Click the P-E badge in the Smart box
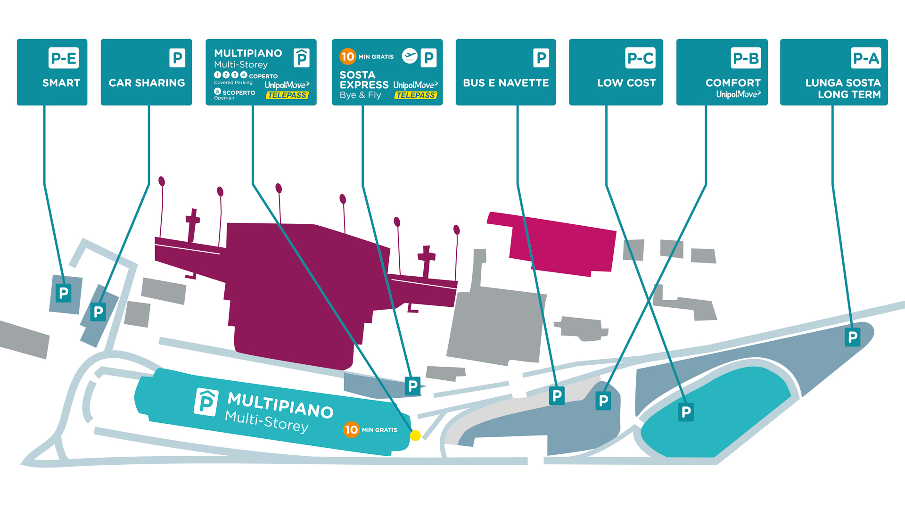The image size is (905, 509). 63,58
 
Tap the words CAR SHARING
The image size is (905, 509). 147,83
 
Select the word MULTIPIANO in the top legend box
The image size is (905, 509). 248,53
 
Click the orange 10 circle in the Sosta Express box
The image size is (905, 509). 347,57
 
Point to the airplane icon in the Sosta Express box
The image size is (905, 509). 410,56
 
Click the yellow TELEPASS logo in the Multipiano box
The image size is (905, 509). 287,95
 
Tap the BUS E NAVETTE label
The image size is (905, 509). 506,83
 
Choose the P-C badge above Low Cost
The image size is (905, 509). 640,58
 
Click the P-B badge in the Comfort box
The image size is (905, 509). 746,58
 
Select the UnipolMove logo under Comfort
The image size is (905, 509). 738,94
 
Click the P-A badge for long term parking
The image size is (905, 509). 866,58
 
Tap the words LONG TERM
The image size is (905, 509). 849,95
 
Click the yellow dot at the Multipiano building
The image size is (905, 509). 415,435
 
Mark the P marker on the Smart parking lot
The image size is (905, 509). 63,293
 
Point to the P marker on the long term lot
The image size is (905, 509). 852,337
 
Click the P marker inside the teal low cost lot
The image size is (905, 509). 686,412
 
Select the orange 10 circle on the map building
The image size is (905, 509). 351,429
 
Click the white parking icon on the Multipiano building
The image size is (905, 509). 206,402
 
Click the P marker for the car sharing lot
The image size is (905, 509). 98,312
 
